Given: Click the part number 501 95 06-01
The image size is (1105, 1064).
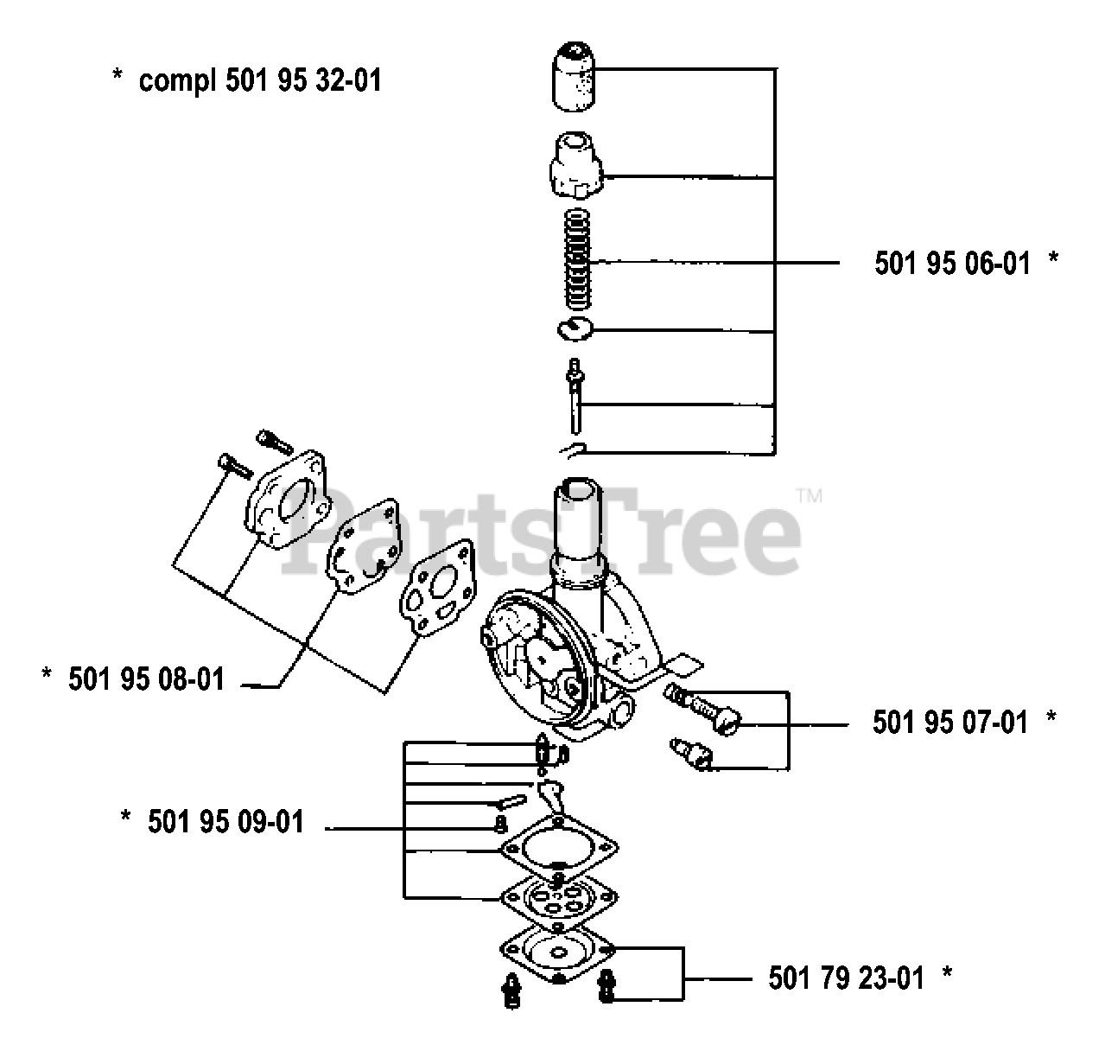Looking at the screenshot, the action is point(952,263).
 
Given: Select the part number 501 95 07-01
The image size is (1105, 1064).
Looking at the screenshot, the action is point(950,722).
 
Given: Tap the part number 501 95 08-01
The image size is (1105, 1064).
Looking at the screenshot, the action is point(146,679).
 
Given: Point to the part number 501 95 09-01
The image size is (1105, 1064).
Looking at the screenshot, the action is point(225,821).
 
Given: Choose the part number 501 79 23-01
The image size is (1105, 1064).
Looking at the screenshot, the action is point(846,978).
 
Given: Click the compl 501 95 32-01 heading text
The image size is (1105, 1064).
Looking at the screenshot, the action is point(259,80).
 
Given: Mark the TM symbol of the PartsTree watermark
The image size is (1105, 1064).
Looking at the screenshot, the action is point(809,496).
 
